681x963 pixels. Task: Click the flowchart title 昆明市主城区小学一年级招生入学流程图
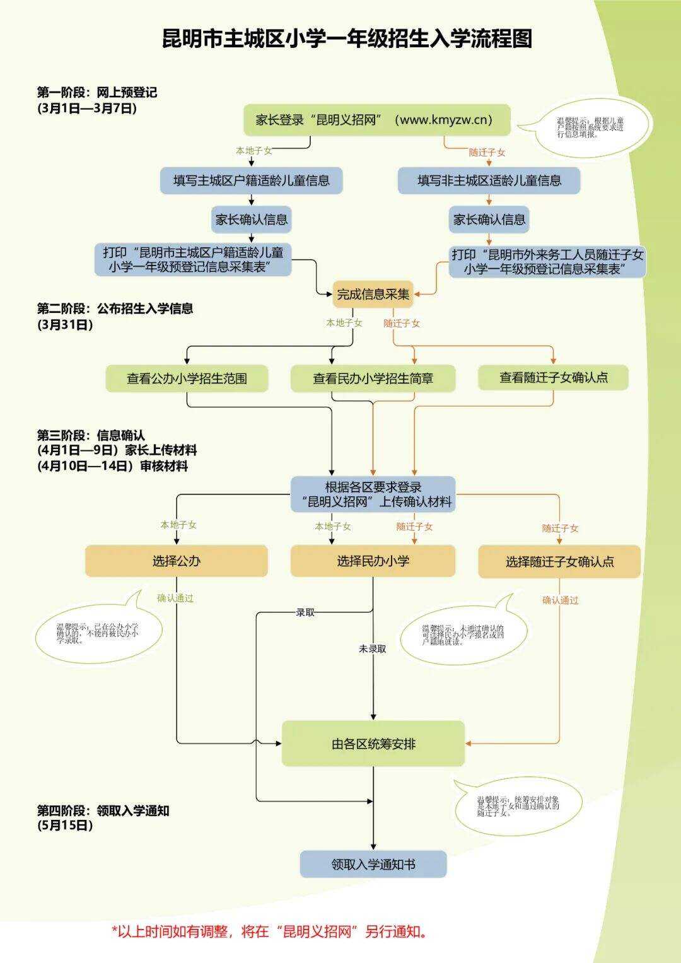(347, 38)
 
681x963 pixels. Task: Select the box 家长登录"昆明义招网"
(376, 120)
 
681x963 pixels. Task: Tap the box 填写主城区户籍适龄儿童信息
(251, 181)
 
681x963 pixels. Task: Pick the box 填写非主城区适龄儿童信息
(489, 181)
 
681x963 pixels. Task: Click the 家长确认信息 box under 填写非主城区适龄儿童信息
(489, 219)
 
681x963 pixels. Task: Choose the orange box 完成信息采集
(373, 294)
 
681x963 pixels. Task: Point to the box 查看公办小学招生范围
(187, 378)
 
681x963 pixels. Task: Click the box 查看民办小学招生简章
(373, 378)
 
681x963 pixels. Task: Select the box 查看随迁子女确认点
(553, 377)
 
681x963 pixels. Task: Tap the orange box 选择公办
(177, 561)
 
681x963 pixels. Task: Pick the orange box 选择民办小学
(373, 561)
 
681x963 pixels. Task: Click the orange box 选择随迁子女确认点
(559, 561)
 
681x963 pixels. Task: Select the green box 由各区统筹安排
(373, 744)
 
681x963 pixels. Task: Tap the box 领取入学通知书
(373, 864)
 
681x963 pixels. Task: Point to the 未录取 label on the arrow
(373, 648)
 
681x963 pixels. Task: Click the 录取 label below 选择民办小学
(305, 612)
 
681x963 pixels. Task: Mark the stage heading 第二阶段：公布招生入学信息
(115, 308)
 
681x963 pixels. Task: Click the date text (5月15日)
(65, 825)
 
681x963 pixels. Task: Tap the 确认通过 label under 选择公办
(175, 598)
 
